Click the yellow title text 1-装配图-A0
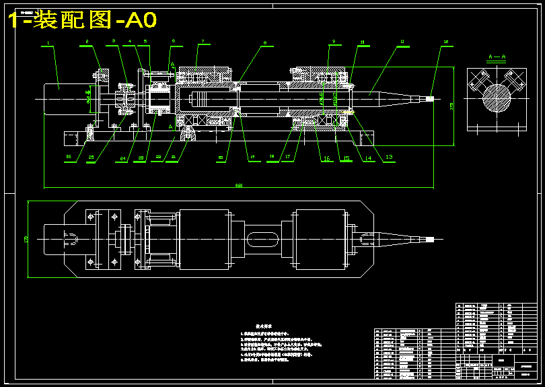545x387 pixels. (x=82, y=20)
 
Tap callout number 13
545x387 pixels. (x=388, y=157)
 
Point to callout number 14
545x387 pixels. (x=368, y=159)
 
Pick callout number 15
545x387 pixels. (x=347, y=159)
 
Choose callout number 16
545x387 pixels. (x=326, y=159)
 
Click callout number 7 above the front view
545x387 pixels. (x=201, y=42)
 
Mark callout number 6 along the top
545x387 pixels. (x=173, y=41)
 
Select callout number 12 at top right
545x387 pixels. (x=446, y=42)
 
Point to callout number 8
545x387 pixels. (x=264, y=42)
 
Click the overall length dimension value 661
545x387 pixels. (x=238, y=185)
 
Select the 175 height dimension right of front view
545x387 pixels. (x=451, y=106)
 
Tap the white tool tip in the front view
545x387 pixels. (x=430, y=99)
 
